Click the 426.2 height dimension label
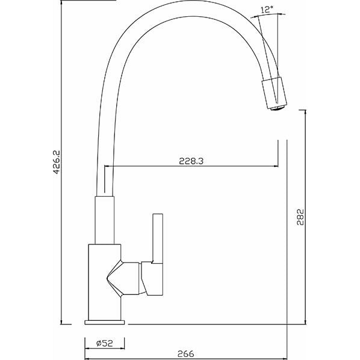pyautogui.click(x=57, y=162)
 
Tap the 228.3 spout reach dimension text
pyautogui.click(x=191, y=161)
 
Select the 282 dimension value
pyautogui.click(x=300, y=217)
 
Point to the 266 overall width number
pyautogui.click(x=186, y=353)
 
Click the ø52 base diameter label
pyautogui.click(x=105, y=343)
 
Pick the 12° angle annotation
pyautogui.click(x=267, y=10)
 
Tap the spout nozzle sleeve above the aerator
pyautogui.click(x=274, y=92)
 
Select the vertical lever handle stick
pyautogui.click(x=158, y=238)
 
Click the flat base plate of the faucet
pyautogui.click(x=105, y=322)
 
